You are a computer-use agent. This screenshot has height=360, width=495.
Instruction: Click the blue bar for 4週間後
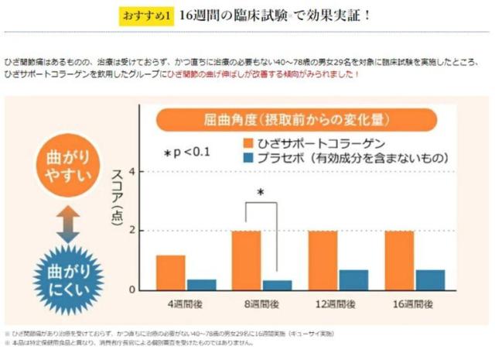[201, 284]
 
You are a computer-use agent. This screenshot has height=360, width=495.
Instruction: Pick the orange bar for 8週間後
[246, 260]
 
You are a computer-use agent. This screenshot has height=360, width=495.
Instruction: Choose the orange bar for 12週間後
[323, 260]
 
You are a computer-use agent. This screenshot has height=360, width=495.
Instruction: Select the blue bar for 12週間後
[353, 279]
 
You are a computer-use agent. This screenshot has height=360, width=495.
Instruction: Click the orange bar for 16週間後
[399, 260]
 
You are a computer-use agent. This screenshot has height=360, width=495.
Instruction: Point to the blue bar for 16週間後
[429, 279]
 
